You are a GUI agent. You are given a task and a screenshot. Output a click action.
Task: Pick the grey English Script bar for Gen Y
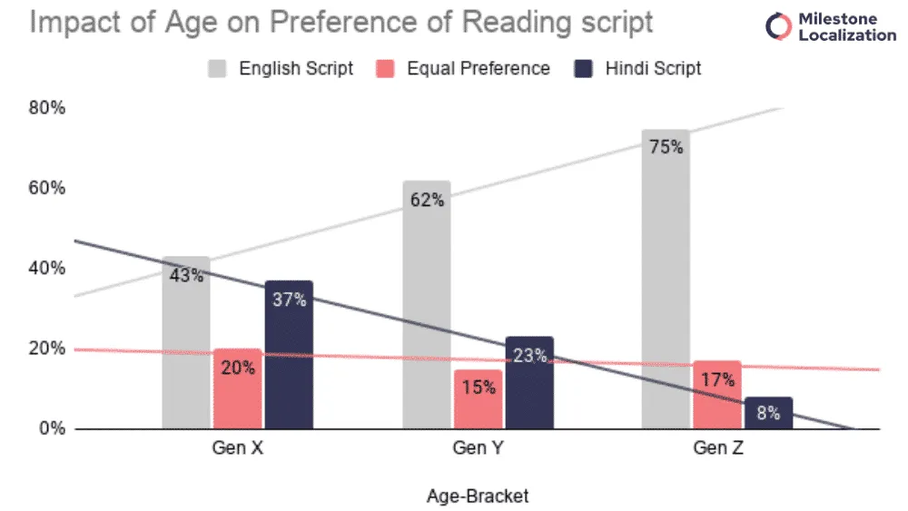[x=426, y=309]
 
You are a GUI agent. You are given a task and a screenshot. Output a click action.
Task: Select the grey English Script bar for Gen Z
[x=666, y=281]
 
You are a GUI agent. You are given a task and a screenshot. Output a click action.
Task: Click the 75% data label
[x=666, y=146]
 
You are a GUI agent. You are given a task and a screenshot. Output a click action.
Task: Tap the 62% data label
[x=426, y=200]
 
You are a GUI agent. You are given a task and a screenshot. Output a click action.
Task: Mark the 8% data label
[x=768, y=412]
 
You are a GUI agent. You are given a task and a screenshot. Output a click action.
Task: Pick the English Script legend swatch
[x=218, y=68]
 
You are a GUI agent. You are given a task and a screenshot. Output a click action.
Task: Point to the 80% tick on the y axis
[x=46, y=109]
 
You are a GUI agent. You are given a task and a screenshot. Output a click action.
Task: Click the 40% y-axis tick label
[x=46, y=269]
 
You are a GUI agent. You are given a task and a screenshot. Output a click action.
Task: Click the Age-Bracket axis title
[x=477, y=496]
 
